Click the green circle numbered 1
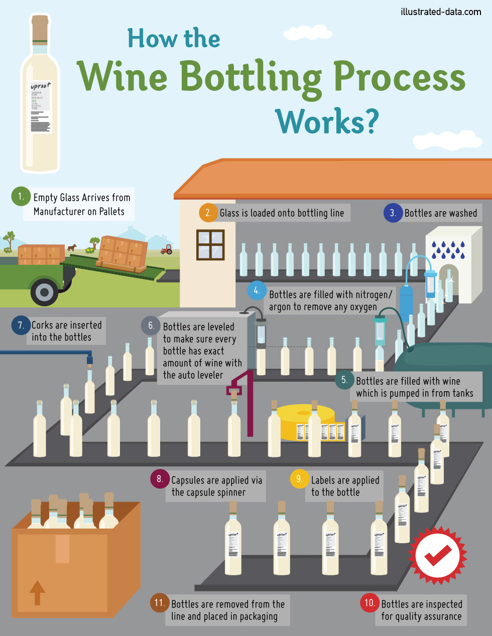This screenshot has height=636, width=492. point(21,196)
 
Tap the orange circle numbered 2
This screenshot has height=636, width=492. point(208,213)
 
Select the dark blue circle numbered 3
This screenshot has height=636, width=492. point(393,213)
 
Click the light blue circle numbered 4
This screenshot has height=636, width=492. point(257,290)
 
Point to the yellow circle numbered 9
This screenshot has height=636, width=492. point(299,479)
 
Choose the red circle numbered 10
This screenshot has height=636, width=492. point(370,603)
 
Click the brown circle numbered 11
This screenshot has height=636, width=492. point(160,603)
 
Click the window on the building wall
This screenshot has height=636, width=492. point(210,244)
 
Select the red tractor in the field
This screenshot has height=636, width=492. point(166,249)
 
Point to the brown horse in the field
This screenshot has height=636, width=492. point(72,247)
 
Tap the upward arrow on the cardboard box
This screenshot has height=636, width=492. point(37,592)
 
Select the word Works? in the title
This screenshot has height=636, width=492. point(327,121)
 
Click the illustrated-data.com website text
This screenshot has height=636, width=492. point(441,12)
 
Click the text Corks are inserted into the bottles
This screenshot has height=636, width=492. point(66,331)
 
